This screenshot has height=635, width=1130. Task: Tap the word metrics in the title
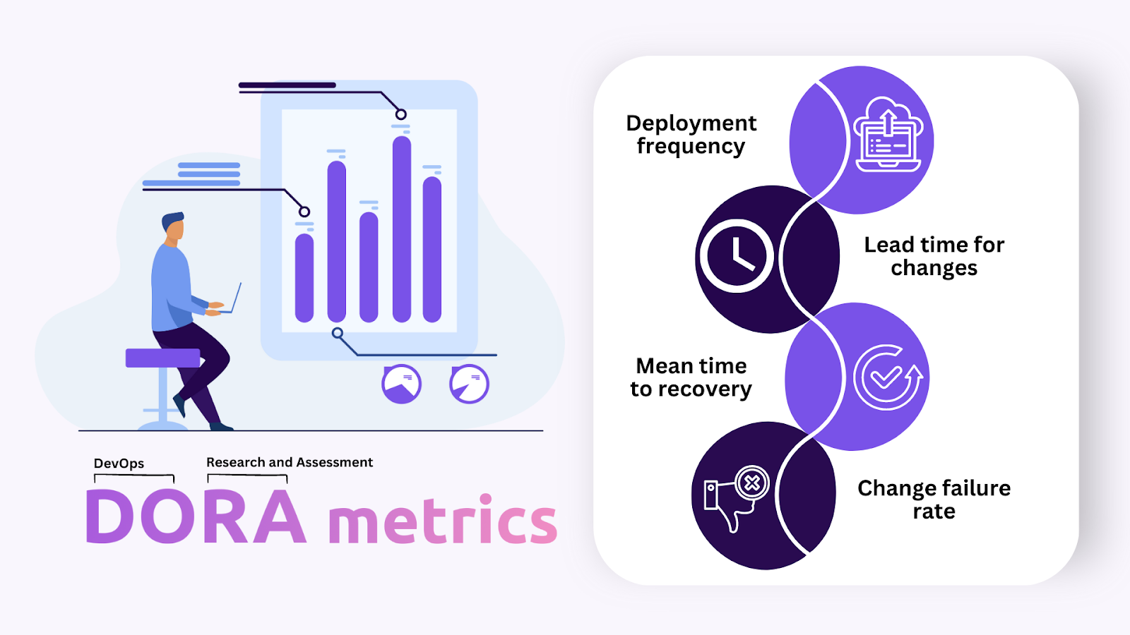pyautogui.click(x=443, y=521)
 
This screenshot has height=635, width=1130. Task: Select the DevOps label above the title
pyautogui.click(x=119, y=464)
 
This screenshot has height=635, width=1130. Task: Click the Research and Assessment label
pyautogui.click(x=289, y=462)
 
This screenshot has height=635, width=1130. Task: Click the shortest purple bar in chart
pyautogui.click(x=304, y=278)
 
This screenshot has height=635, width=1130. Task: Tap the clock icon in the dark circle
pyautogui.click(x=735, y=256)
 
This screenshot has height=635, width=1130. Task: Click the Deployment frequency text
pyautogui.click(x=691, y=134)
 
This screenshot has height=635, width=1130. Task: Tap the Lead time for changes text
pyautogui.click(x=934, y=256)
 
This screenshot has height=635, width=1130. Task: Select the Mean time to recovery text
pyautogui.click(x=691, y=377)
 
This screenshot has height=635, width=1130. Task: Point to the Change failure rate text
pyautogui.click(x=934, y=500)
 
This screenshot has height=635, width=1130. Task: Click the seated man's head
pyautogui.click(x=173, y=227)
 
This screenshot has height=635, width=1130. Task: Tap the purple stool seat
pyautogui.click(x=162, y=358)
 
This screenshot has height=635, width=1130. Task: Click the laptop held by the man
pyautogui.click(x=234, y=299)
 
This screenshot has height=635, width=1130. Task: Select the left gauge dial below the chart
pyautogui.click(x=401, y=384)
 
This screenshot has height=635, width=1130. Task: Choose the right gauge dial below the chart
pyautogui.click(x=469, y=384)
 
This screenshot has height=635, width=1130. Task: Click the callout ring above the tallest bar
pyautogui.click(x=400, y=114)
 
